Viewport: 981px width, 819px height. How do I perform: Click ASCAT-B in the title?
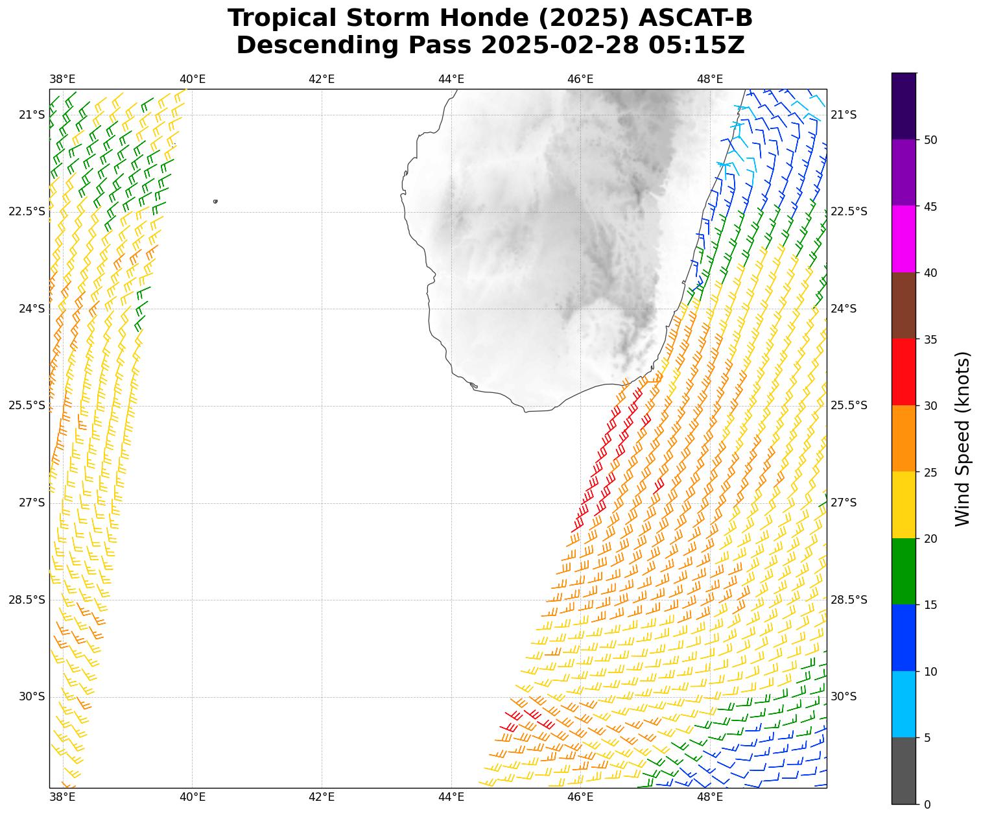coord(695,18)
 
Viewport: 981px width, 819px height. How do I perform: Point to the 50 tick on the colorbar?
coord(930,140)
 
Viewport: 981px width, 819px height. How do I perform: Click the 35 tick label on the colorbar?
coord(930,339)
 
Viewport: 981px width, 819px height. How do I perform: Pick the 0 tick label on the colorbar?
coord(927,805)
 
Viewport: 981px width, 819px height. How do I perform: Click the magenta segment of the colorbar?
coord(904,239)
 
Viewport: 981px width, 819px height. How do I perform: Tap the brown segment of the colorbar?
coord(904,305)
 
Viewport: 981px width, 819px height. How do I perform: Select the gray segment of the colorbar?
coord(904,771)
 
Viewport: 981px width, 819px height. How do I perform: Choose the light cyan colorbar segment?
coord(904,704)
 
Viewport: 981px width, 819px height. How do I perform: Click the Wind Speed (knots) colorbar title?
coord(963,438)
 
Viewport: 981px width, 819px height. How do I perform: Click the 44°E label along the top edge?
coord(451,79)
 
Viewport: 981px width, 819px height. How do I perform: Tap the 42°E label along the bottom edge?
coord(322,796)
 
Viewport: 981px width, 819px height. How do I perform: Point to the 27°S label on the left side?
coord(32,503)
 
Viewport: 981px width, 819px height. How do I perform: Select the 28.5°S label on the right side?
coord(849,600)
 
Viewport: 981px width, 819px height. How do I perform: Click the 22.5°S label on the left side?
coord(27,211)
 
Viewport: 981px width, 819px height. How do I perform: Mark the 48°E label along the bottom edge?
coord(710,796)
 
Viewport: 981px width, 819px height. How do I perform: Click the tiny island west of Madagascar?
coord(215,201)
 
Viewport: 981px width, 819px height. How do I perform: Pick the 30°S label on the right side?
coord(844,696)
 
